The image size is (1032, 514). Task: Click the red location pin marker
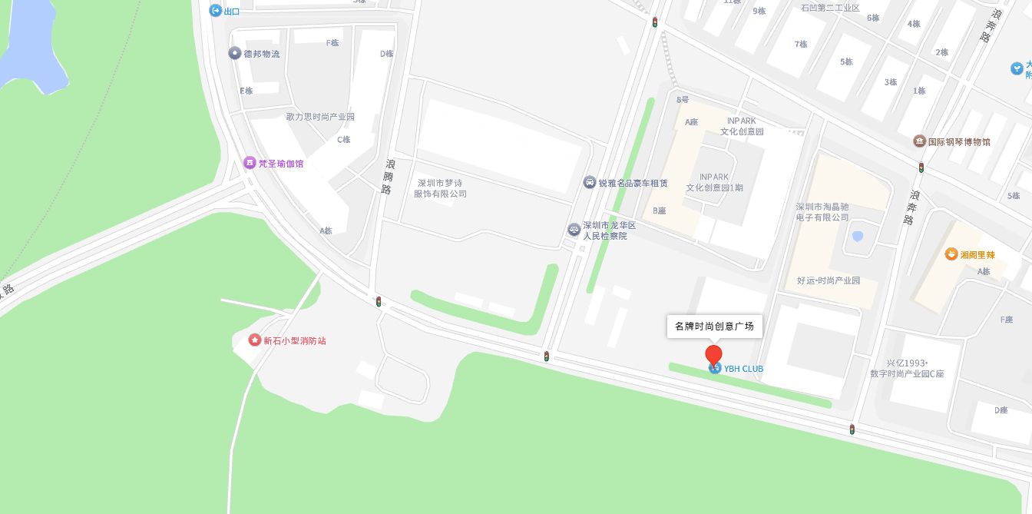[713, 354]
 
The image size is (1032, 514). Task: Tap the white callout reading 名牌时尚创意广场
[714, 326]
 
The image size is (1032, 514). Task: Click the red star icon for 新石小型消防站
[255, 340]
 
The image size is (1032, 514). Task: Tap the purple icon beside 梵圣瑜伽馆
[250, 163]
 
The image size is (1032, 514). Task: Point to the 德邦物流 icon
[235, 53]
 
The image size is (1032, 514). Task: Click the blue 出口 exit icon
[216, 11]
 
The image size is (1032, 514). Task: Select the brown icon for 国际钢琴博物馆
[919, 141]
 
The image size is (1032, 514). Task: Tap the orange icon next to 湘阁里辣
[951, 254]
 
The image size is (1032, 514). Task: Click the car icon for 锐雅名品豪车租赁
[589, 182]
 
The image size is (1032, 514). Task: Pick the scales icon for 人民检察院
[574, 229]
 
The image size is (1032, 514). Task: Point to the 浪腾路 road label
[389, 176]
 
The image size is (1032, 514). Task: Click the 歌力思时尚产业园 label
[320, 117]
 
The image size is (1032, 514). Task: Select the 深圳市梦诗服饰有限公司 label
[440, 188]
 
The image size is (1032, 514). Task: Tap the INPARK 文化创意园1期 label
[714, 182]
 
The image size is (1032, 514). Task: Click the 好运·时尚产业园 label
[829, 280]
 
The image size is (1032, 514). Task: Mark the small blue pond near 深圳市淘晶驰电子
[858, 237]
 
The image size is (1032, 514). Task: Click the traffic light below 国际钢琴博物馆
[921, 167]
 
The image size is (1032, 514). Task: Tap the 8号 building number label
[683, 100]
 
